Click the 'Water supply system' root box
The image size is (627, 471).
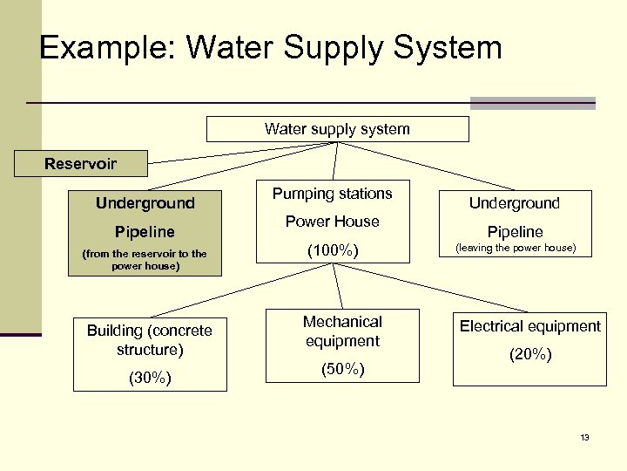[337, 129]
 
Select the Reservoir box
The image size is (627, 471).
[81, 163]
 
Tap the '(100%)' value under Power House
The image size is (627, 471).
[333, 251]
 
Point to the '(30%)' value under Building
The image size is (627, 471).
[149, 378]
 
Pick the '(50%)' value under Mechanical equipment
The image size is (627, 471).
[342, 369]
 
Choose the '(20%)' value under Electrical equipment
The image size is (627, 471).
[529, 355]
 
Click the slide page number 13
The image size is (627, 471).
[584, 437]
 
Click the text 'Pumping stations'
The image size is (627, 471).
[333, 194]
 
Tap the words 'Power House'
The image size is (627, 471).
[333, 222]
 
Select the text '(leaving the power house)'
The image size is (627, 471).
[515, 249]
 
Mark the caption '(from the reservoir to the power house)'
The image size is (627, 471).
[144, 260]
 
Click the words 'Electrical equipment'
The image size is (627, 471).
[529, 326]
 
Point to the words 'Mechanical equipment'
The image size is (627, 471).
[342, 331]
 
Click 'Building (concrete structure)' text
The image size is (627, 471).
[149, 340]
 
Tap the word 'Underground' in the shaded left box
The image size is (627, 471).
[145, 203]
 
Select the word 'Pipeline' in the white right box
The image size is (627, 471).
[515, 232]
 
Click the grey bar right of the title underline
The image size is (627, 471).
[532, 103]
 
